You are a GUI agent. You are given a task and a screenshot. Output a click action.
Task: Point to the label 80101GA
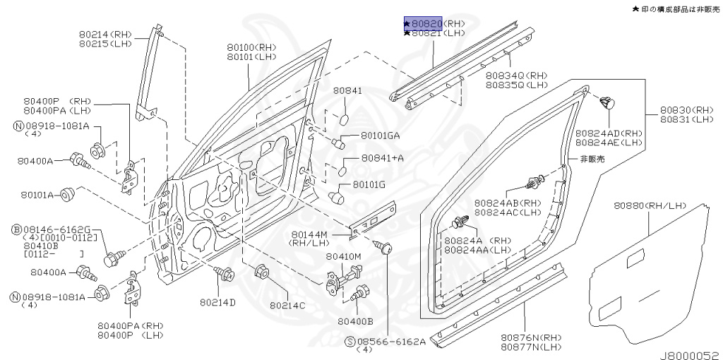pos(381,136)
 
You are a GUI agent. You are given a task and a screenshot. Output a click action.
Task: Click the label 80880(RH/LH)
pos(650,205)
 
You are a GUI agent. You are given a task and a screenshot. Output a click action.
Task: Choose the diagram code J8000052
pos(688,354)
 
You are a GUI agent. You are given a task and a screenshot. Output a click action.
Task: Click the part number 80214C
pos(287,305)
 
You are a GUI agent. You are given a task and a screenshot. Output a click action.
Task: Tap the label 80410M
pos(344,256)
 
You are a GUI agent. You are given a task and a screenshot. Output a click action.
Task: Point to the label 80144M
pos(309,234)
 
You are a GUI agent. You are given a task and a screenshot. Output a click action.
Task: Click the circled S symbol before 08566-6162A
pos(350,342)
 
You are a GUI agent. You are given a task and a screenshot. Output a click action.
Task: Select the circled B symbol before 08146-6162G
pos(16,230)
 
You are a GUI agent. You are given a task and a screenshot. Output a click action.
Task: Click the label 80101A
pos(37,194)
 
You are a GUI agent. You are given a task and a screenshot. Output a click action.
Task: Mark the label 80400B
pos(355,321)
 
